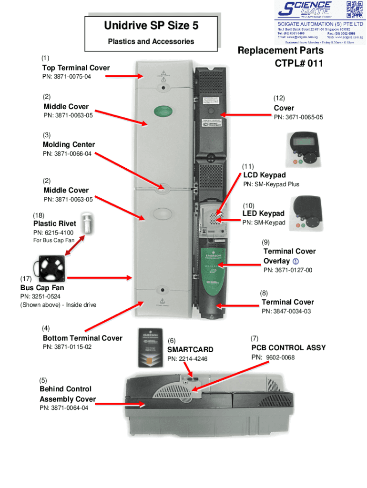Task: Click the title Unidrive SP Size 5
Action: click(151, 26)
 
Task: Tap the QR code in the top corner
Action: click(354, 9)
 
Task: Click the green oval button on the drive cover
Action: click(163, 112)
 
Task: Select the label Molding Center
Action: click(69, 144)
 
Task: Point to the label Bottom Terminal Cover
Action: click(82, 338)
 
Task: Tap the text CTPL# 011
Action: click(298, 63)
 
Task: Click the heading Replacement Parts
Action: click(280, 51)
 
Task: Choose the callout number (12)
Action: click(279, 98)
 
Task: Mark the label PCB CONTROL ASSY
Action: click(288, 347)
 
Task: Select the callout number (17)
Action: click(26, 278)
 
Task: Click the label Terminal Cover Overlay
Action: click(289, 256)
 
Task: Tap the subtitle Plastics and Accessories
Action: click(151, 41)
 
